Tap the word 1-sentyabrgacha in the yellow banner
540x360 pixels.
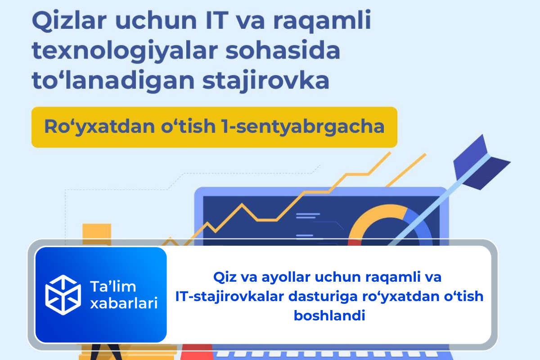310,127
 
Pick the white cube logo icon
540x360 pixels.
63,295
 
